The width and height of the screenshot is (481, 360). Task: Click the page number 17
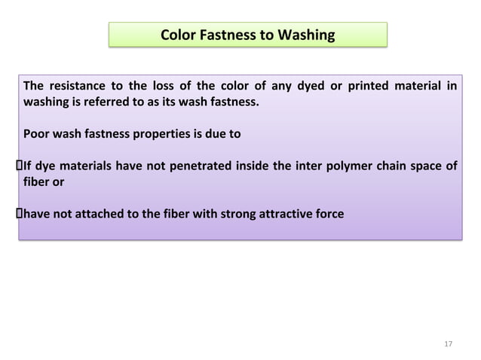(x=448, y=344)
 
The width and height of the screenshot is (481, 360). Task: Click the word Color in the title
(x=179, y=35)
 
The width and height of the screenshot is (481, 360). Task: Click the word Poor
(x=37, y=136)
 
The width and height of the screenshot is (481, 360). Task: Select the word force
(x=329, y=215)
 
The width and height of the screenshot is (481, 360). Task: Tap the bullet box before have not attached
(x=20, y=215)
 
